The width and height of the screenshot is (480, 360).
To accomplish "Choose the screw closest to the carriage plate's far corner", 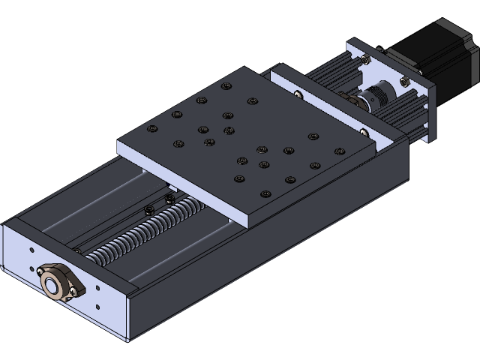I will tap(223, 86).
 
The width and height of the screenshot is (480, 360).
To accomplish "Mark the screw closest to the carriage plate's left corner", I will tap(153, 129).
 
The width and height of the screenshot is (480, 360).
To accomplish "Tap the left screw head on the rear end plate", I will tap(298, 94).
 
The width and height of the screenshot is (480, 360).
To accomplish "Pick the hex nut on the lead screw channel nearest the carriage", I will tap(168, 198).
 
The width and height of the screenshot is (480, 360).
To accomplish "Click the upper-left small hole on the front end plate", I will tap(31, 250).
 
